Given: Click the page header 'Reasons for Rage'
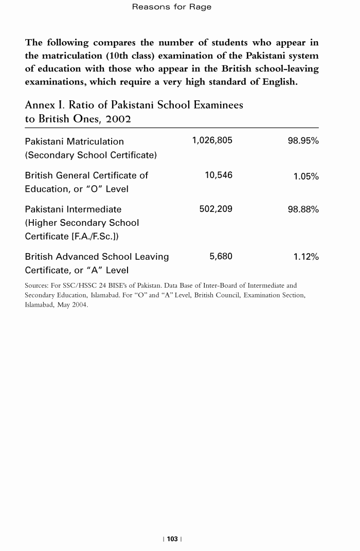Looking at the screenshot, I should click(x=172, y=7).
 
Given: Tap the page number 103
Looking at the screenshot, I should click(x=172, y=539).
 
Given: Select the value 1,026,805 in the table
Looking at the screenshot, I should click(x=212, y=141).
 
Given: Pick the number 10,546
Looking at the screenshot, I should click(x=219, y=175).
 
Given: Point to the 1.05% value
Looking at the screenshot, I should click(x=306, y=176).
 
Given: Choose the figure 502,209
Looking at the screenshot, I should click(x=215, y=209).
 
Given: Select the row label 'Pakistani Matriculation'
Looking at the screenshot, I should click(x=75, y=141).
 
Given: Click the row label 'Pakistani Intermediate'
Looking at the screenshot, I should click(x=74, y=209).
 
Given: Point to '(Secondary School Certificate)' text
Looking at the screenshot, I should click(x=91, y=155).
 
